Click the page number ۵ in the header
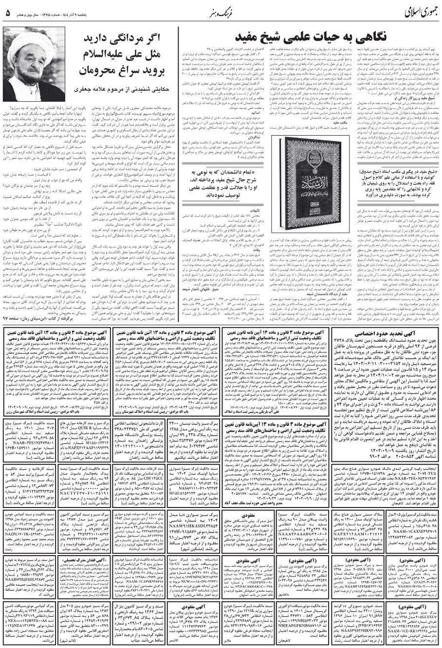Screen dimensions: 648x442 [8, 13]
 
